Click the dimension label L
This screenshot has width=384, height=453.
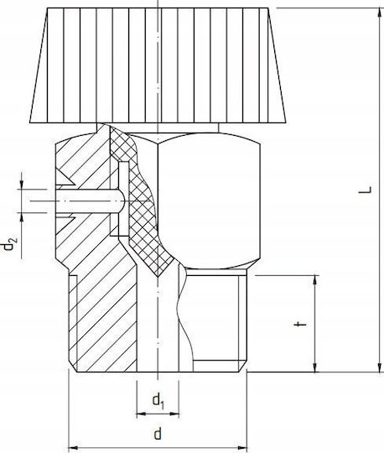pos(366,190)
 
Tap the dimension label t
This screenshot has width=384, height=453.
pos(301,324)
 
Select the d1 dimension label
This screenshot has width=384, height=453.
pos(158,402)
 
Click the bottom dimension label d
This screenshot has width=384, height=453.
pos(158,434)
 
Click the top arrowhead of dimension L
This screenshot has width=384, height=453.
pos(379,13)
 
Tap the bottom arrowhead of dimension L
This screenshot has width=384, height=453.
pos(379,367)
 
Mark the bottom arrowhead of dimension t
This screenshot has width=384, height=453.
pos(315,367)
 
